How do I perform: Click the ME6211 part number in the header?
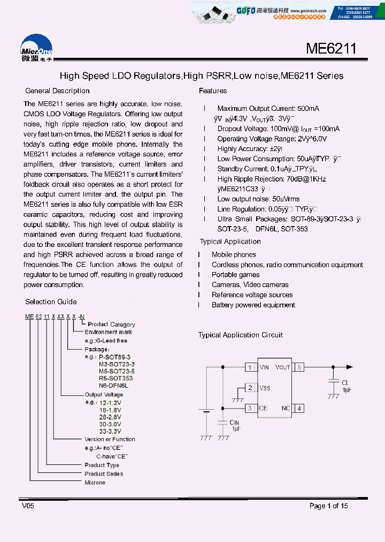330,49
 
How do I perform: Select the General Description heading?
57,91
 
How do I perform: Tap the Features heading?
213,91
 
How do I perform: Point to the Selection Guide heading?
51,302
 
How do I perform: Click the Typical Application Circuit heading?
241,335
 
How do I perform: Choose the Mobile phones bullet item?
234,255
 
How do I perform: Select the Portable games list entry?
235,275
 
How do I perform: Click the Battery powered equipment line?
253,305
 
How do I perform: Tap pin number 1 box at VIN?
250,367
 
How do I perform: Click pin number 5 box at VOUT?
299,367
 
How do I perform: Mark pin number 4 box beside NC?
299,408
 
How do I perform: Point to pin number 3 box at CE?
250,408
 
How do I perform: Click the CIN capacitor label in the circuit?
234,423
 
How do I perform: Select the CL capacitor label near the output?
345,382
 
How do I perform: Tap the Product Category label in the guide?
111,325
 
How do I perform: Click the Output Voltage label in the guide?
104,395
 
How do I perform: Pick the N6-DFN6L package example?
113,386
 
